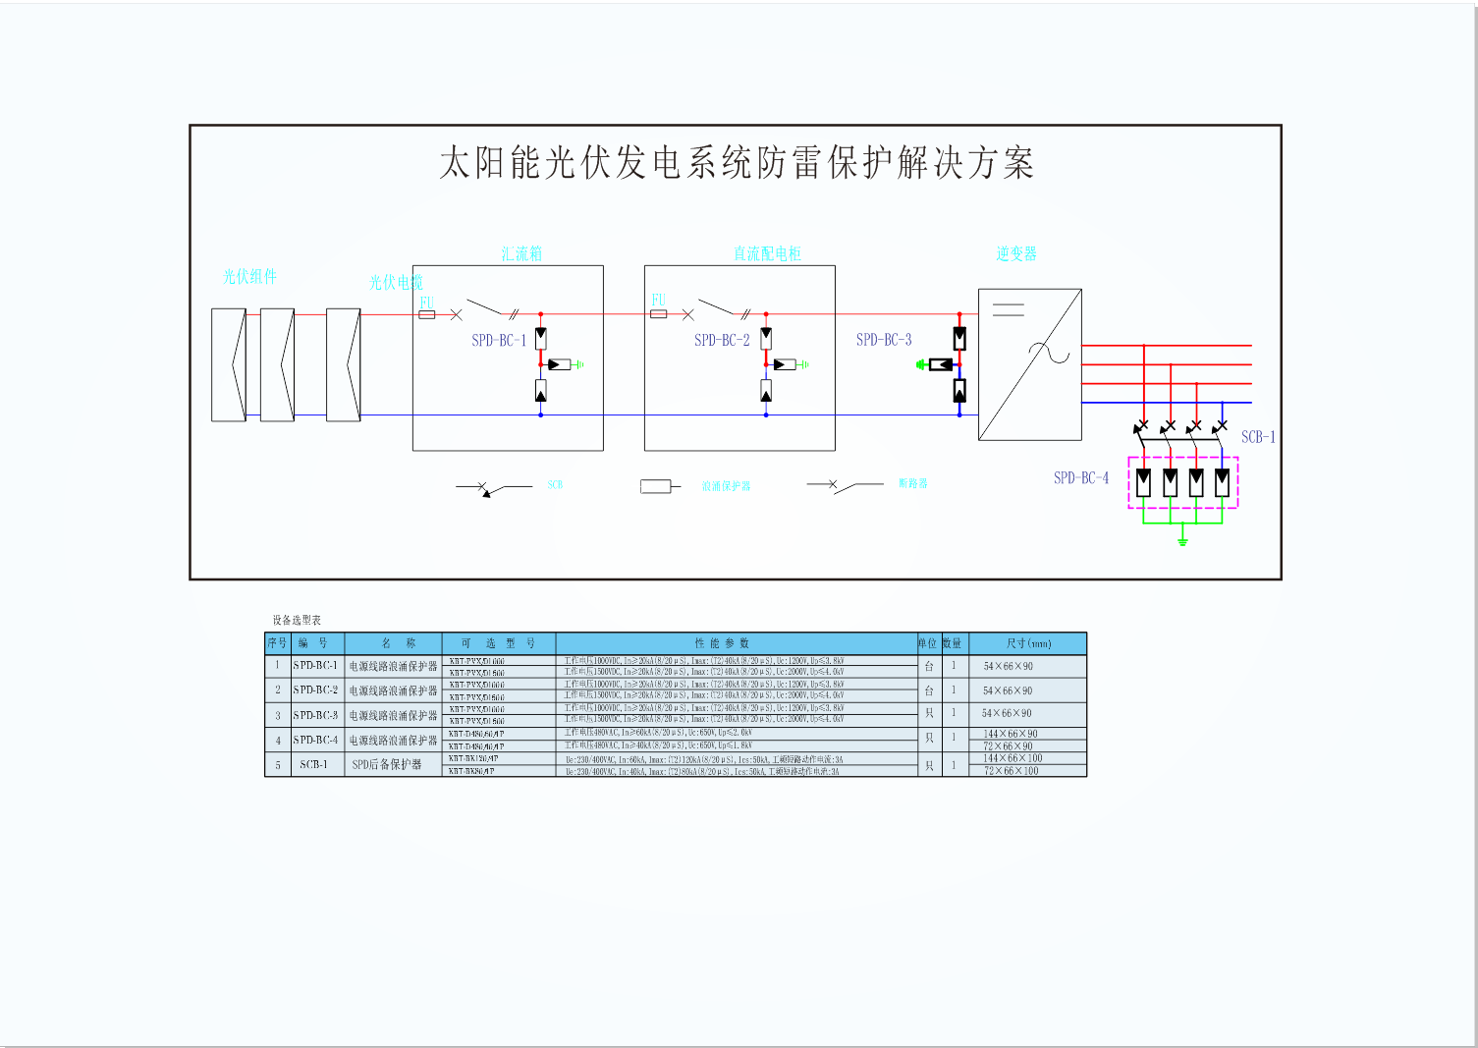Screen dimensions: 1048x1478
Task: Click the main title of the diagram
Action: tap(737, 163)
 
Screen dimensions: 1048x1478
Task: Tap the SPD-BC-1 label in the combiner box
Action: tap(499, 341)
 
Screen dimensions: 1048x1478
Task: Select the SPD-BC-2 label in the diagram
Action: tap(722, 341)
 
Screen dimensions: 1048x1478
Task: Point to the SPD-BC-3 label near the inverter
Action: tap(884, 340)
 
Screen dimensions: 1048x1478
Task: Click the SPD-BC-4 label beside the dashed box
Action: tap(1081, 478)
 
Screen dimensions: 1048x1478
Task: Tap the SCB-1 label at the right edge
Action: tap(1258, 437)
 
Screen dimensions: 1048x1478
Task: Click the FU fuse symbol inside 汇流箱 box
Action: tap(427, 314)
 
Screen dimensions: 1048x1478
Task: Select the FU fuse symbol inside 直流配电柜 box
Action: tap(659, 314)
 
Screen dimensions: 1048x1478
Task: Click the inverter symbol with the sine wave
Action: tap(1030, 364)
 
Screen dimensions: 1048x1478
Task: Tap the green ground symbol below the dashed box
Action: tap(1182, 539)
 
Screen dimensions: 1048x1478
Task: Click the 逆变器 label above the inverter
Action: tap(1016, 254)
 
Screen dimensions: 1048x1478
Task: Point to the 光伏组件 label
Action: tap(249, 277)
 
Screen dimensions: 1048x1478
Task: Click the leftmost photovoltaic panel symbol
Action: tap(229, 365)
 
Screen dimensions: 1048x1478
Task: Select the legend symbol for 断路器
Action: tap(845, 485)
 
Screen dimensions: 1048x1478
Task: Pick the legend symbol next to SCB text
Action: tap(493, 487)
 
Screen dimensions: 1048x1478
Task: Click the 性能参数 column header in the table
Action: tap(722, 643)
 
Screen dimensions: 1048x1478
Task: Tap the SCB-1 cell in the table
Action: tap(314, 765)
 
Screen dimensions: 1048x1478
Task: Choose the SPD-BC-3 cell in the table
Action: tap(315, 715)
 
